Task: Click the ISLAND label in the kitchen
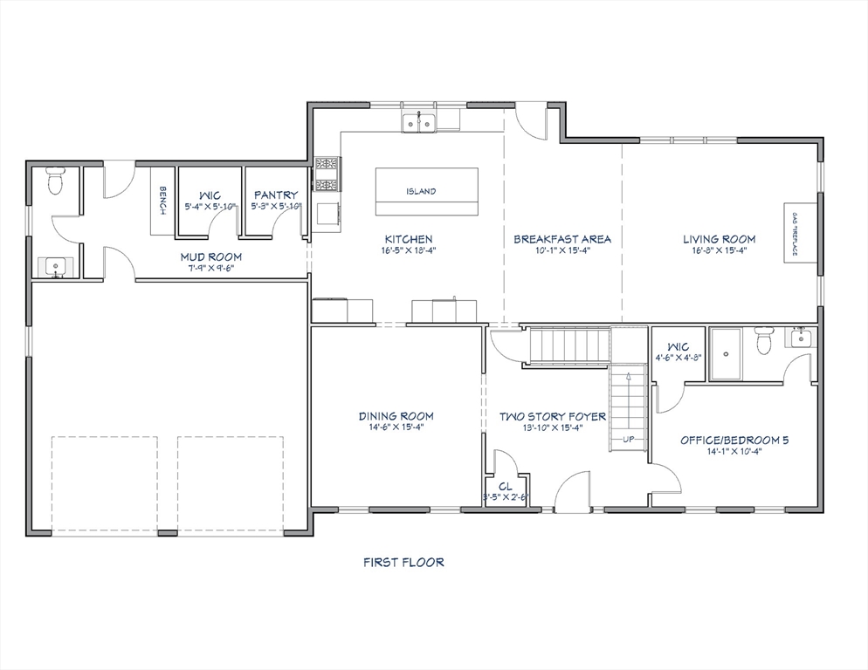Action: click(421, 191)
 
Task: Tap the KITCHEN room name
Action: click(409, 238)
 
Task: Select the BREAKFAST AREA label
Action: click(561, 238)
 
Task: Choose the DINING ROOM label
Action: click(396, 416)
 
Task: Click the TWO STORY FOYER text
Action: click(552, 416)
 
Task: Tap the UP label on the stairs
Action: click(628, 439)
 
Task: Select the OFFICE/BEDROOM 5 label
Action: click(734, 440)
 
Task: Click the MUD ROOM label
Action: click(210, 256)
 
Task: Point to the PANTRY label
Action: click(275, 195)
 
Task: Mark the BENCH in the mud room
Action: click(162, 202)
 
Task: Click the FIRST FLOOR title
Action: click(403, 563)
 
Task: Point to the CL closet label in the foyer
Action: click(505, 487)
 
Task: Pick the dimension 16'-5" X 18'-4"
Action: click(409, 250)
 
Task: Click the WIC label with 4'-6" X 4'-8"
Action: click(678, 346)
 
